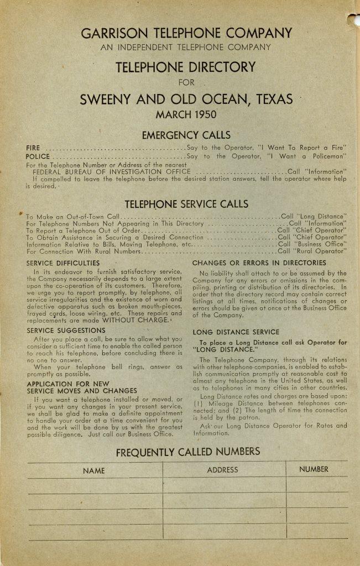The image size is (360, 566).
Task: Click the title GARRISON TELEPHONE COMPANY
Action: [x=186, y=33]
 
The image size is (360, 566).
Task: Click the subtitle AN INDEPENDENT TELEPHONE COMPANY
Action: [x=186, y=48]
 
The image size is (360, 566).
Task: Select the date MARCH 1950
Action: [x=186, y=115]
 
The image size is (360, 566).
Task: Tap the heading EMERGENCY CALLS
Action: [x=186, y=135]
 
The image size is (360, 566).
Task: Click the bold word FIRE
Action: [x=33, y=148]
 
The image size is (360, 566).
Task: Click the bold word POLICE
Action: [x=38, y=156]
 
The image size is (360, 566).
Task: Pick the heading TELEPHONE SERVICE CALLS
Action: [x=186, y=204]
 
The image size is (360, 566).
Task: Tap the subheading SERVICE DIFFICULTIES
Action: [x=63, y=264]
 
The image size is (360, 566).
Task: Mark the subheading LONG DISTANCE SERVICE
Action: [x=236, y=332]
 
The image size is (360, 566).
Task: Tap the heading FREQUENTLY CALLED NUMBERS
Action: [x=187, y=452]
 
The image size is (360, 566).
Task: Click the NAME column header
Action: [x=93, y=471]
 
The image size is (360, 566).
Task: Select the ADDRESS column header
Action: [x=222, y=470]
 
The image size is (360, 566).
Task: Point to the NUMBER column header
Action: [x=314, y=469]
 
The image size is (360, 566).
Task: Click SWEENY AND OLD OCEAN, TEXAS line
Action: [x=186, y=99]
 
